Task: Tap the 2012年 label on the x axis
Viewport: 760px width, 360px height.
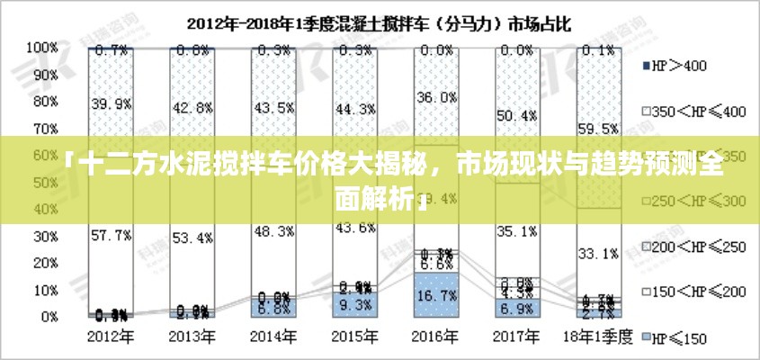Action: coord(111,337)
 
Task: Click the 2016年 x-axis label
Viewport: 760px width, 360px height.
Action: coord(436,337)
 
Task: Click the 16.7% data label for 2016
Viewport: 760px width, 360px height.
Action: coord(436,294)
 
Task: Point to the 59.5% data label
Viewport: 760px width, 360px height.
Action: coord(600,129)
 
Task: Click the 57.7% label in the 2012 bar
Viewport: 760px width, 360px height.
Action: coord(111,235)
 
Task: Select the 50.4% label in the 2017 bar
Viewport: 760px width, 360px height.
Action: coord(518,115)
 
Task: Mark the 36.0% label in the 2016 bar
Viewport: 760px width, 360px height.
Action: coord(436,96)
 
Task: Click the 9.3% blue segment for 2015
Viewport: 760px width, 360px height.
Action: coord(355,305)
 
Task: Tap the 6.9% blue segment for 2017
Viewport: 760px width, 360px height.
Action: coord(518,309)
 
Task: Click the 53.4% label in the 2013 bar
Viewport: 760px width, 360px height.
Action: coord(192,238)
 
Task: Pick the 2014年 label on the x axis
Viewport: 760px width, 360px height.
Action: coord(273,337)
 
